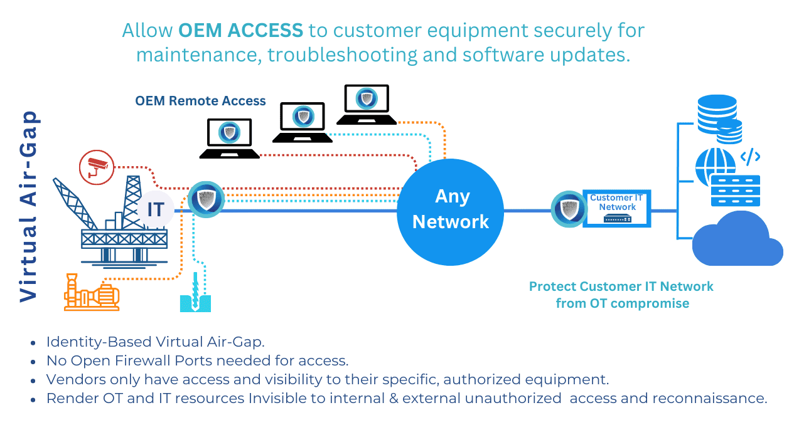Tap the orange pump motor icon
[x=92, y=293]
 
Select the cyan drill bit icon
[x=195, y=295]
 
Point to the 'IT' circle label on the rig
[x=155, y=209]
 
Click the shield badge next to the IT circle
[x=206, y=199]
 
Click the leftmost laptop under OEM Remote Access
[x=229, y=139]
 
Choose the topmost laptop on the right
[x=366, y=104]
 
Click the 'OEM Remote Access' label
[x=200, y=101]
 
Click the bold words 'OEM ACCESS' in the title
[x=240, y=30]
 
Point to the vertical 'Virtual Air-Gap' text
[x=29, y=207]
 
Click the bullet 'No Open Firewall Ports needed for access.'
[x=197, y=360]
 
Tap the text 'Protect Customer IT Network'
[x=621, y=286]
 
